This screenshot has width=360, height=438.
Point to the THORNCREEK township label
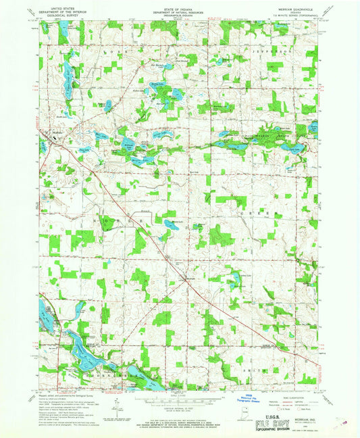(x=101, y=372)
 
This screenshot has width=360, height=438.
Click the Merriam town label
(x=192, y=277)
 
